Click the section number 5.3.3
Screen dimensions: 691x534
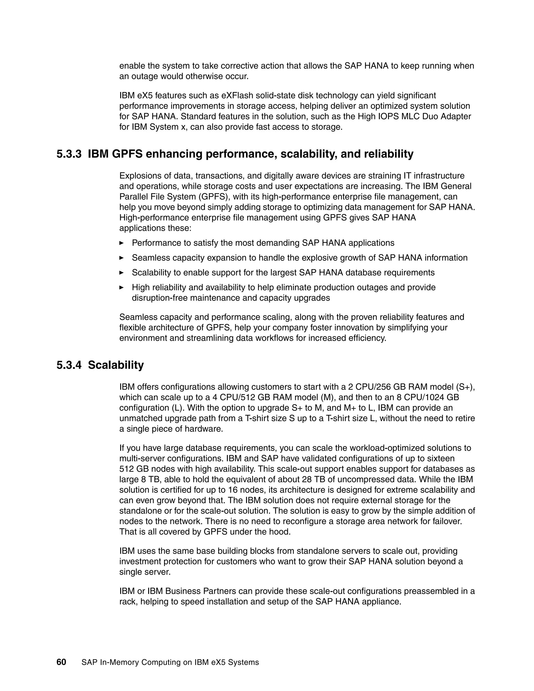click(x=69, y=154)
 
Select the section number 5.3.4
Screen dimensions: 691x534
click(x=69, y=365)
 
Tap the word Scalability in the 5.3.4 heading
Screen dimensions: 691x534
click(x=116, y=365)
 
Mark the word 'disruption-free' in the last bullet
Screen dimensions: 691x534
click(x=159, y=298)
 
